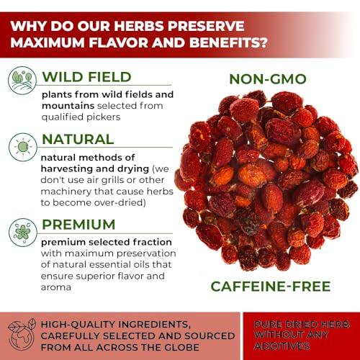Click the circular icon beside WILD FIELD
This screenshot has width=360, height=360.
22,81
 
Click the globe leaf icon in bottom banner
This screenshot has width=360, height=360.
22,335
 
